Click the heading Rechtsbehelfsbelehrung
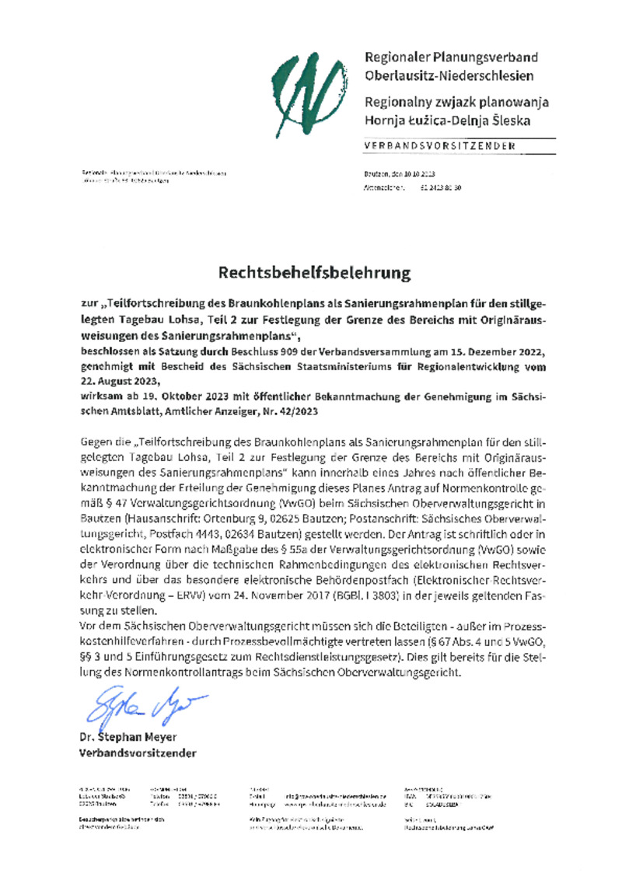coord(313,274)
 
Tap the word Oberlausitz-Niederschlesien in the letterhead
coord(449,75)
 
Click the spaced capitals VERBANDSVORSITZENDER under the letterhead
coord(440,146)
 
